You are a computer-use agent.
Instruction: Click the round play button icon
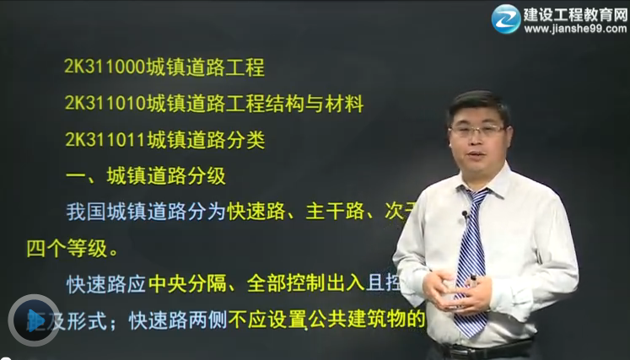click(x=34, y=320)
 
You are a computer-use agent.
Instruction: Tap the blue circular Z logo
click(x=506, y=19)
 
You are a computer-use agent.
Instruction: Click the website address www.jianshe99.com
click(x=573, y=29)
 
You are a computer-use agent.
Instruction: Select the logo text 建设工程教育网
click(x=573, y=13)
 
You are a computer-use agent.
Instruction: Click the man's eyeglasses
click(x=477, y=131)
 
